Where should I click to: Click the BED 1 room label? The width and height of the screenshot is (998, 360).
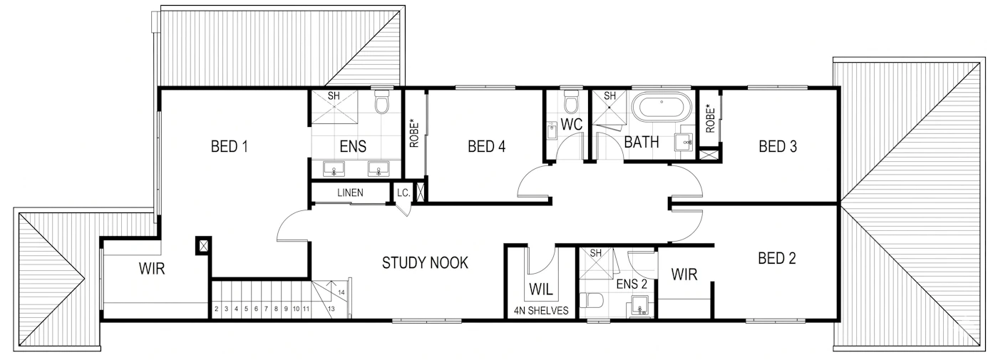tap(229, 146)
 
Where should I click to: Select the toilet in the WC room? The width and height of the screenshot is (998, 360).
tap(571, 101)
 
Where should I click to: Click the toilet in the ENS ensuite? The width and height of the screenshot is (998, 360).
tap(382, 102)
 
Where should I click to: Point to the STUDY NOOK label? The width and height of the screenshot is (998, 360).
tap(425, 263)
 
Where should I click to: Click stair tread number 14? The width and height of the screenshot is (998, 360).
tap(341, 293)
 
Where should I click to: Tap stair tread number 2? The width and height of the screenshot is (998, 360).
tap(217, 309)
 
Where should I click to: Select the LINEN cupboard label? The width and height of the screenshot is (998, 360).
tap(350, 192)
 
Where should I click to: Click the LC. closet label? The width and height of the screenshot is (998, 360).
tap(403, 193)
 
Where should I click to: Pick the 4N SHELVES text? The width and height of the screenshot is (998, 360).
tap(541, 311)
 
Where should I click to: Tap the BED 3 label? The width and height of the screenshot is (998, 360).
tap(778, 146)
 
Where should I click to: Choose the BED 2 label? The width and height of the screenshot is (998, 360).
tap(776, 258)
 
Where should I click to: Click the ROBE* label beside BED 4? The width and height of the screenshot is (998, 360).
tap(414, 133)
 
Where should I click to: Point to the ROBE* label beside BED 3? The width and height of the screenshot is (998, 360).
tap(710, 118)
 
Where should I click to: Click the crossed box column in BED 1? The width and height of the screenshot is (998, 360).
tap(204, 245)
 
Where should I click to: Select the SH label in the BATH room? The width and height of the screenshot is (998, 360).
tap(609, 96)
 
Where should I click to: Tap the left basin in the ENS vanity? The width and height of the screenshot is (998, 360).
tap(334, 170)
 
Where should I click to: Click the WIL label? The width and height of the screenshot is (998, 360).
tap(541, 289)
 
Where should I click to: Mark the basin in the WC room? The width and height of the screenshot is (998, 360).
tap(552, 131)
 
